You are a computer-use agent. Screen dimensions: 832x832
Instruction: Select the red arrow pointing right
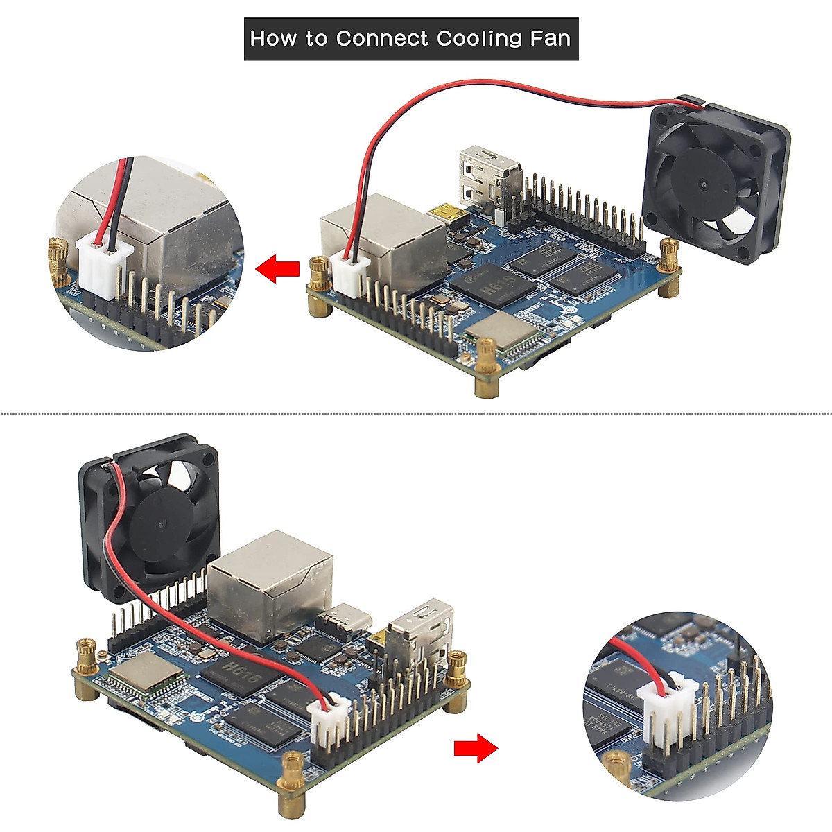(x=476, y=748)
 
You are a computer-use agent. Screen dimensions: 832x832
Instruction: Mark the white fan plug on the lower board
(x=330, y=724)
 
